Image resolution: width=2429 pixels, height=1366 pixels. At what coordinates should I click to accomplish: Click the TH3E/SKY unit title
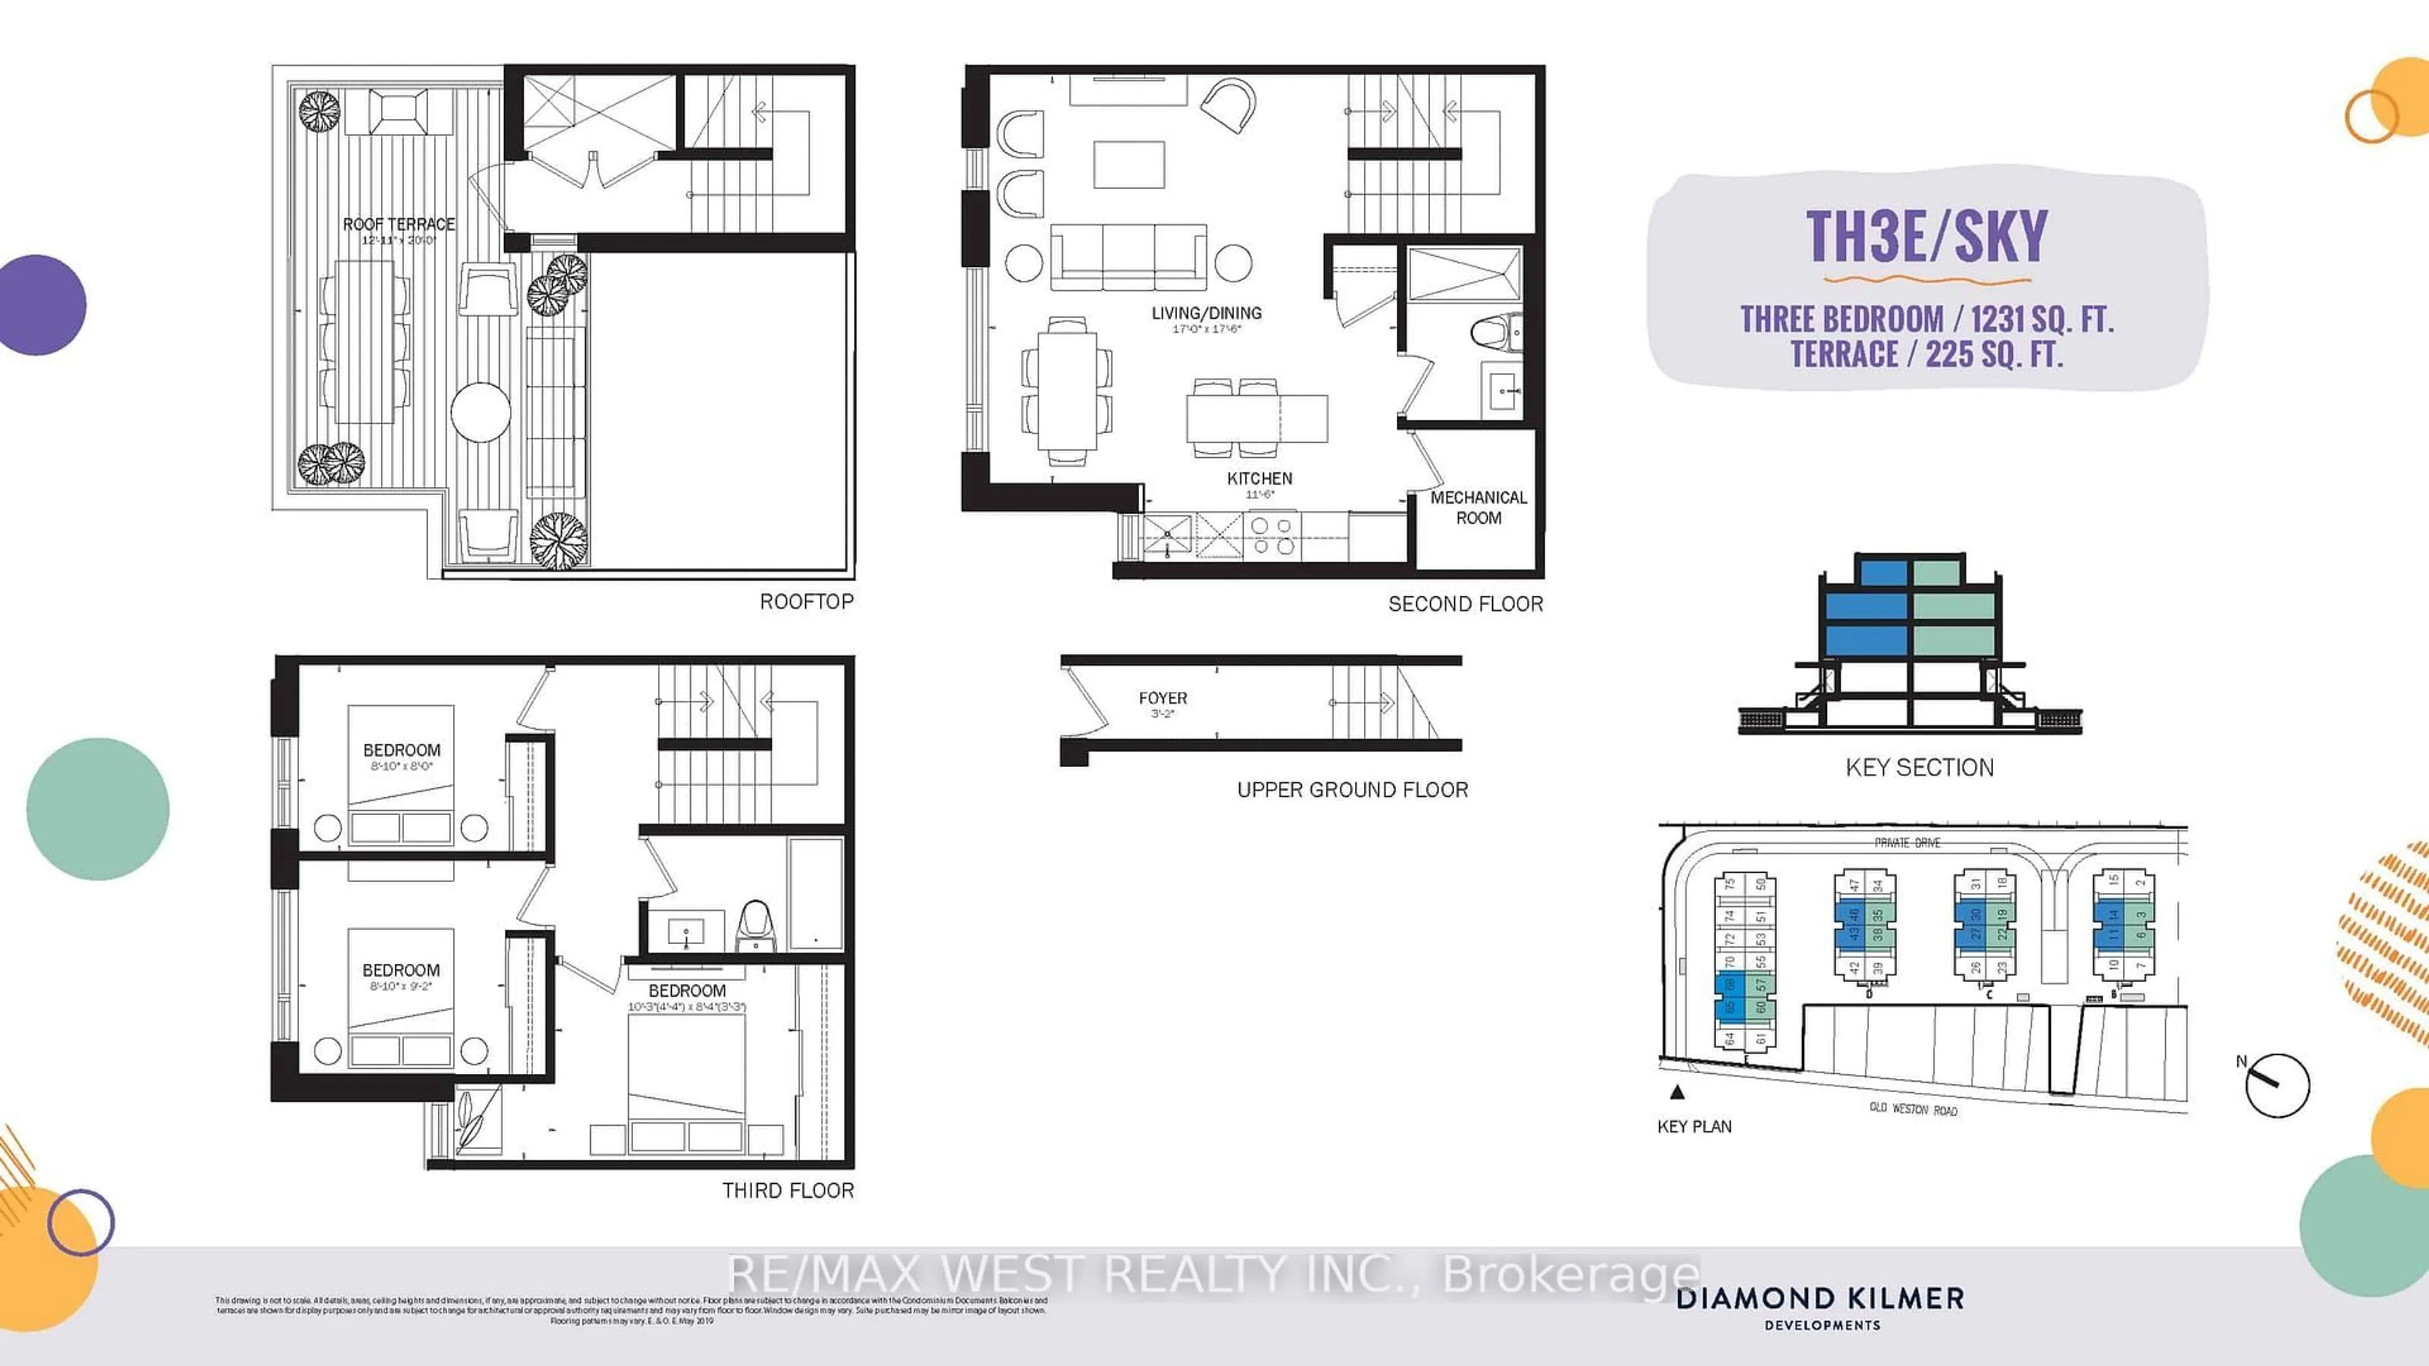point(1926,236)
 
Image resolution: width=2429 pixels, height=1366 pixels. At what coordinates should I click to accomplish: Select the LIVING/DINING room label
point(1206,313)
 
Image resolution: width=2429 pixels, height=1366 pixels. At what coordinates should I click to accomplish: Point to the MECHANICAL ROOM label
point(1478,507)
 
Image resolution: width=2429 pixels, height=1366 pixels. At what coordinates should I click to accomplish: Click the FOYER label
point(1163,699)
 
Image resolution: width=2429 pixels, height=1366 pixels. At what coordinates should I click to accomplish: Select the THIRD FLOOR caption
point(788,1191)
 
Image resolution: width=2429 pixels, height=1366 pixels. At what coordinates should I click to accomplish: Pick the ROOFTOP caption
point(807,601)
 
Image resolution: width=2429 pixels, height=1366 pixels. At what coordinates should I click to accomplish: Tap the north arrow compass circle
point(2277,1086)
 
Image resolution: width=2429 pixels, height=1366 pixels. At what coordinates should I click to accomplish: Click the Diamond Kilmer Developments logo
point(1820,1306)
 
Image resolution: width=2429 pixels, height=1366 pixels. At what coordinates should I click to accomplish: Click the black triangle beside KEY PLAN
point(1676,1093)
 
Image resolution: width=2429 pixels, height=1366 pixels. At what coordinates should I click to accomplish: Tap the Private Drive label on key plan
point(1907,843)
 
